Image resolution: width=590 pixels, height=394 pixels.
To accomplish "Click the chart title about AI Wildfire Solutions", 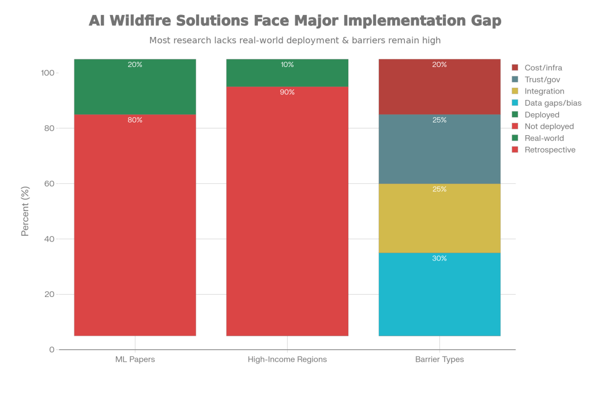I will coord(295,21).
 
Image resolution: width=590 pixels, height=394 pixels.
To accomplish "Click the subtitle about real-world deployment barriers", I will coord(295,40).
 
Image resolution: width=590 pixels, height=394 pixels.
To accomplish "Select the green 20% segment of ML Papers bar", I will coord(135,87).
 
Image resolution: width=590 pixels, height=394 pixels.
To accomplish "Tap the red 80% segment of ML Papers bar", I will coord(135,225).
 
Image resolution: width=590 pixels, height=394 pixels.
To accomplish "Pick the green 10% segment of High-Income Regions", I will coord(287,73).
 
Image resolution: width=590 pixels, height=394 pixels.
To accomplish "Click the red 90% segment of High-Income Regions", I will coord(287,211).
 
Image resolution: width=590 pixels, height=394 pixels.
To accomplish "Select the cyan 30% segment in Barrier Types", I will coord(439,295).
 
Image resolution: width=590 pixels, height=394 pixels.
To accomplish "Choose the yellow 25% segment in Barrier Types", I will coord(439,218).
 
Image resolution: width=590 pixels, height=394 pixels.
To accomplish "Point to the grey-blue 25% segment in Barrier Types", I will coord(439,149).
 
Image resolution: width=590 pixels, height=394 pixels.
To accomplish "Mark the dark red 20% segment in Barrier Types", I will coord(439,87).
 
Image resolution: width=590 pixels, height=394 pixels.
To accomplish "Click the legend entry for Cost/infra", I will coord(543,68).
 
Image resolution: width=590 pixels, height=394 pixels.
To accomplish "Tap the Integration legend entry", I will coord(544,91).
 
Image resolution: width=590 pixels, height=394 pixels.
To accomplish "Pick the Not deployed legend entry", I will coord(548,127).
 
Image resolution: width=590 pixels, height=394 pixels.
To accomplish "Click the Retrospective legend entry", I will coord(550,150).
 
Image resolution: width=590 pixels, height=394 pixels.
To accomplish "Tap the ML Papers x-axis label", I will coord(135,359).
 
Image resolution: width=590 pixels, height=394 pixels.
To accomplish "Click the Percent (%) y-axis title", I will coord(25,211).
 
